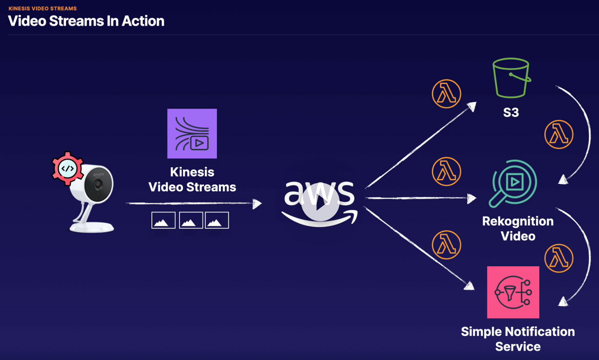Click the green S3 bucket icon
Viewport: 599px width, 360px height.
point(511,78)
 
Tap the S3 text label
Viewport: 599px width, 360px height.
point(511,112)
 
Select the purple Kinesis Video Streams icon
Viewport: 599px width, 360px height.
point(192,134)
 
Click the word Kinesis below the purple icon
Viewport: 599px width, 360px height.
point(192,172)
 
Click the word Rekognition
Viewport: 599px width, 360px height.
point(518,221)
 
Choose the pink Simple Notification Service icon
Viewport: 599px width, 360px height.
point(513,292)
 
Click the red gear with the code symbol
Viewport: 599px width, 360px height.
point(67,169)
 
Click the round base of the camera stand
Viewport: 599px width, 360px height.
point(92,226)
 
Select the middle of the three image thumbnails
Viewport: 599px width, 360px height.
point(191,220)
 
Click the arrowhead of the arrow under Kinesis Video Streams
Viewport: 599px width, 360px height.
point(257,203)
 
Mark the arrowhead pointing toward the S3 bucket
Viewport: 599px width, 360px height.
point(472,107)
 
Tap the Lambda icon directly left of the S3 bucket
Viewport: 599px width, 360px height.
point(446,94)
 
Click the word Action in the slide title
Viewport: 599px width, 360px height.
point(143,21)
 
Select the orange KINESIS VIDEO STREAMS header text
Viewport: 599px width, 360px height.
point(43,8)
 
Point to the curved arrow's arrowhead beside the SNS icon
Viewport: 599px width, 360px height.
point(563,302)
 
